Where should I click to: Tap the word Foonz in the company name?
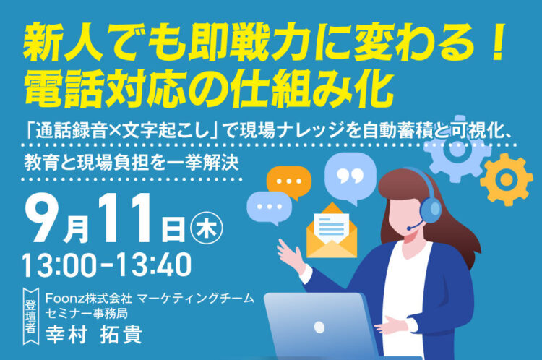click(61, 297)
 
